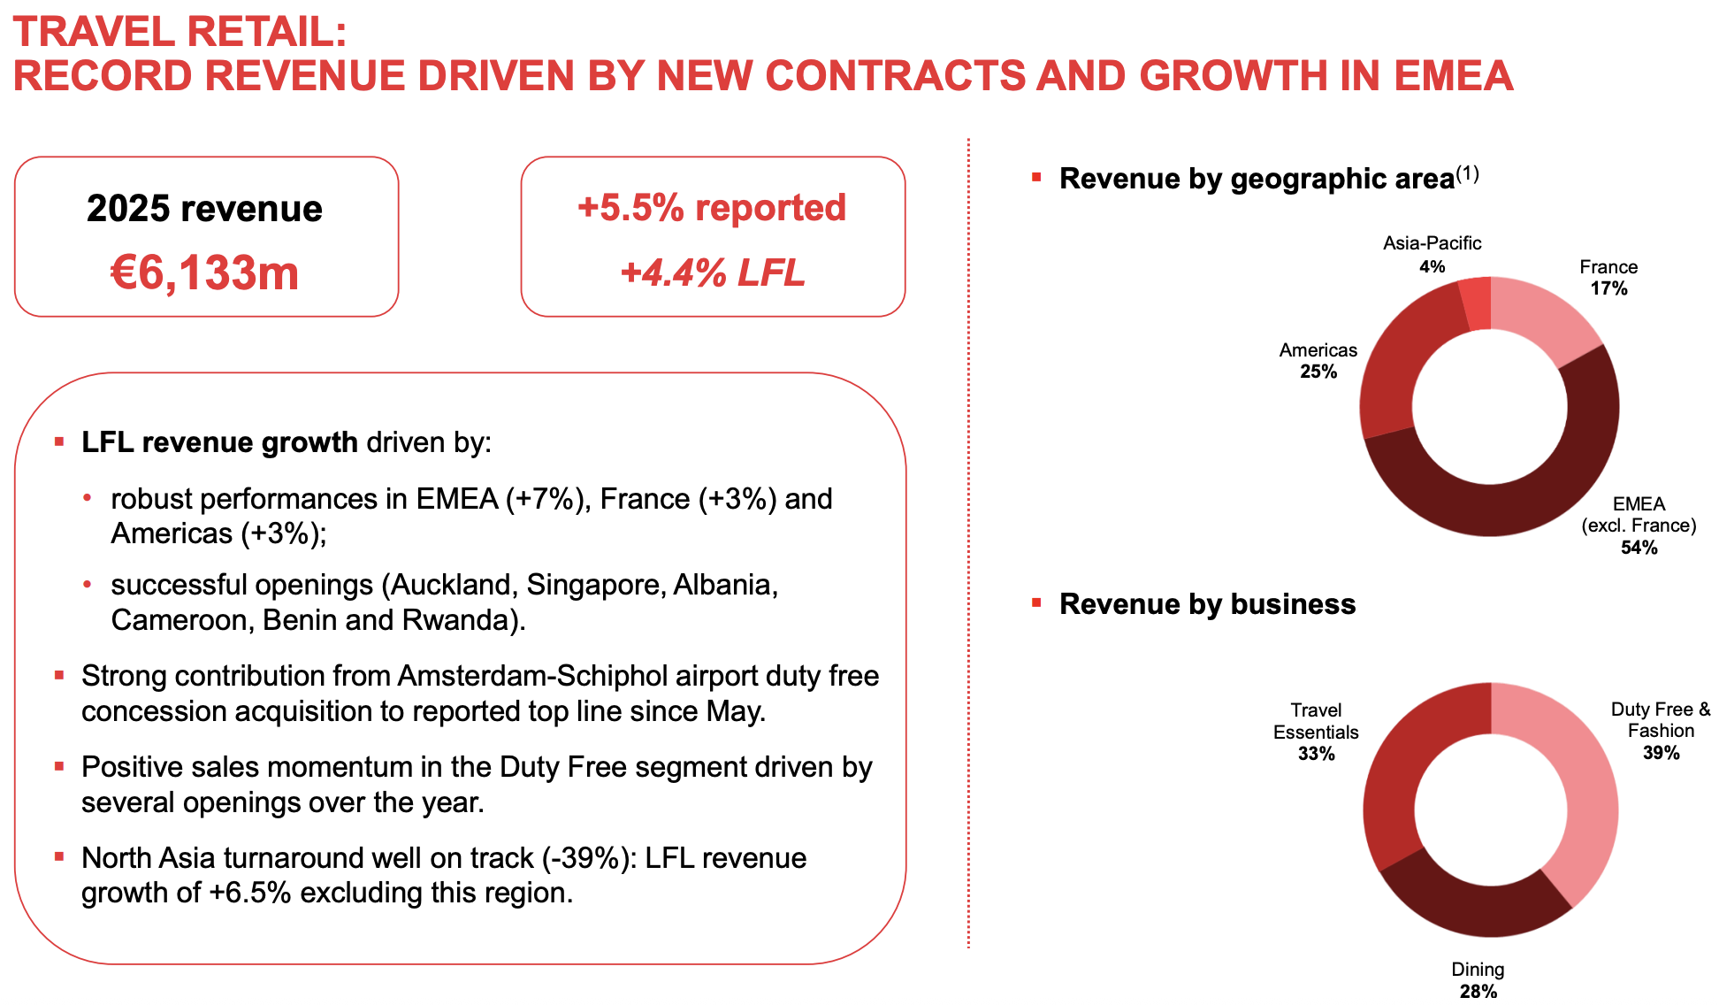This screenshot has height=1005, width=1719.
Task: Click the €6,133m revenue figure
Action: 204,272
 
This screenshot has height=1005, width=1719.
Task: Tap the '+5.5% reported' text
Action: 712,208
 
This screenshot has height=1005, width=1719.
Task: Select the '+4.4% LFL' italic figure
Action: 713,272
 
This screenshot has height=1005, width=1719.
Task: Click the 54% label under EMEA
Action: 1639,548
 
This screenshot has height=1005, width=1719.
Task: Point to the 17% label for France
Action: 1608,288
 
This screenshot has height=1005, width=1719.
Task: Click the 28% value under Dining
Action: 1478,991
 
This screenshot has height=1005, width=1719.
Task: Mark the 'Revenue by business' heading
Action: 1207,603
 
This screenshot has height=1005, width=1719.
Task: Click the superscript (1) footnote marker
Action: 1467,173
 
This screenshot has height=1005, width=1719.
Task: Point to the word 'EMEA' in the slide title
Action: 1453,76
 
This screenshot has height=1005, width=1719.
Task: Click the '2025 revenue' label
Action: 204,209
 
